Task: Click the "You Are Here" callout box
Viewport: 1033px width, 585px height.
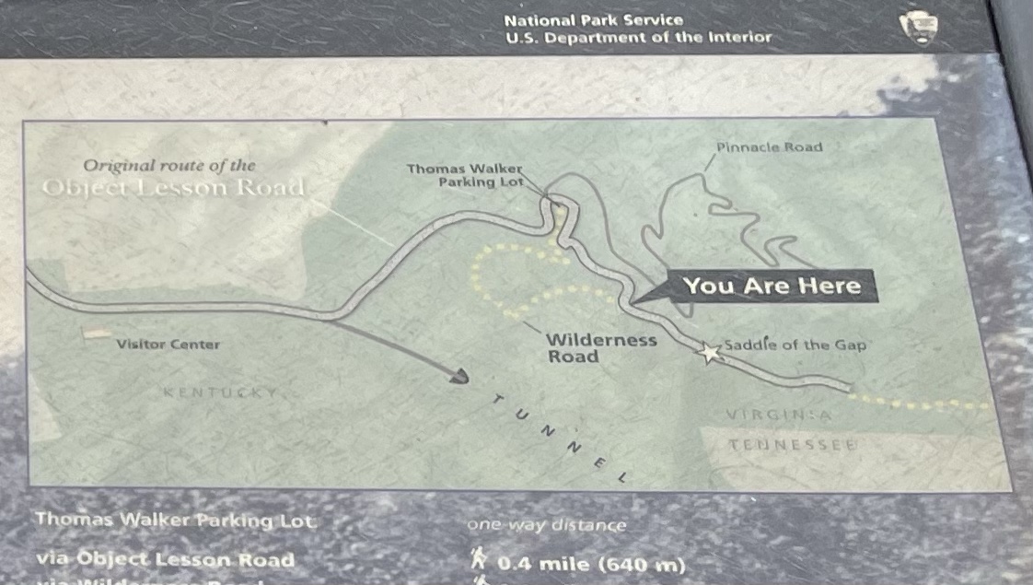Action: click(772, 286)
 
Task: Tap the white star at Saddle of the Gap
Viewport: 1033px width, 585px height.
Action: click(709, 353)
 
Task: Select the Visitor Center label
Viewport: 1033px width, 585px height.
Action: click(168, 345)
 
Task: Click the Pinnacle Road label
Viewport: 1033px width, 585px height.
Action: click(769, 146)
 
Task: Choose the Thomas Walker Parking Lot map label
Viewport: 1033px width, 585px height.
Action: click(466, 175)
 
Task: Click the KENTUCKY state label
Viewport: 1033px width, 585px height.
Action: click(219, 392)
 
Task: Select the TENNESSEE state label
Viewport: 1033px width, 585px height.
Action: click(793, 445)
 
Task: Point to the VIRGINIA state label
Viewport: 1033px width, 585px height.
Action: click(778, 415)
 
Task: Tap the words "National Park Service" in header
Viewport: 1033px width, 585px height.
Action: click(594, 19)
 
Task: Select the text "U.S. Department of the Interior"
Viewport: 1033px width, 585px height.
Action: click(638, 38)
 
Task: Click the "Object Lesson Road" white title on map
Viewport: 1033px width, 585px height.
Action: click(173, 188)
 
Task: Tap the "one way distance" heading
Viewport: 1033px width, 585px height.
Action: click(546, 525)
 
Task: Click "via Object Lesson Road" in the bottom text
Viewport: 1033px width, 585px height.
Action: click(165, 559)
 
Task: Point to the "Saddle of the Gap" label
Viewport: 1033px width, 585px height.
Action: click(795, 345)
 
